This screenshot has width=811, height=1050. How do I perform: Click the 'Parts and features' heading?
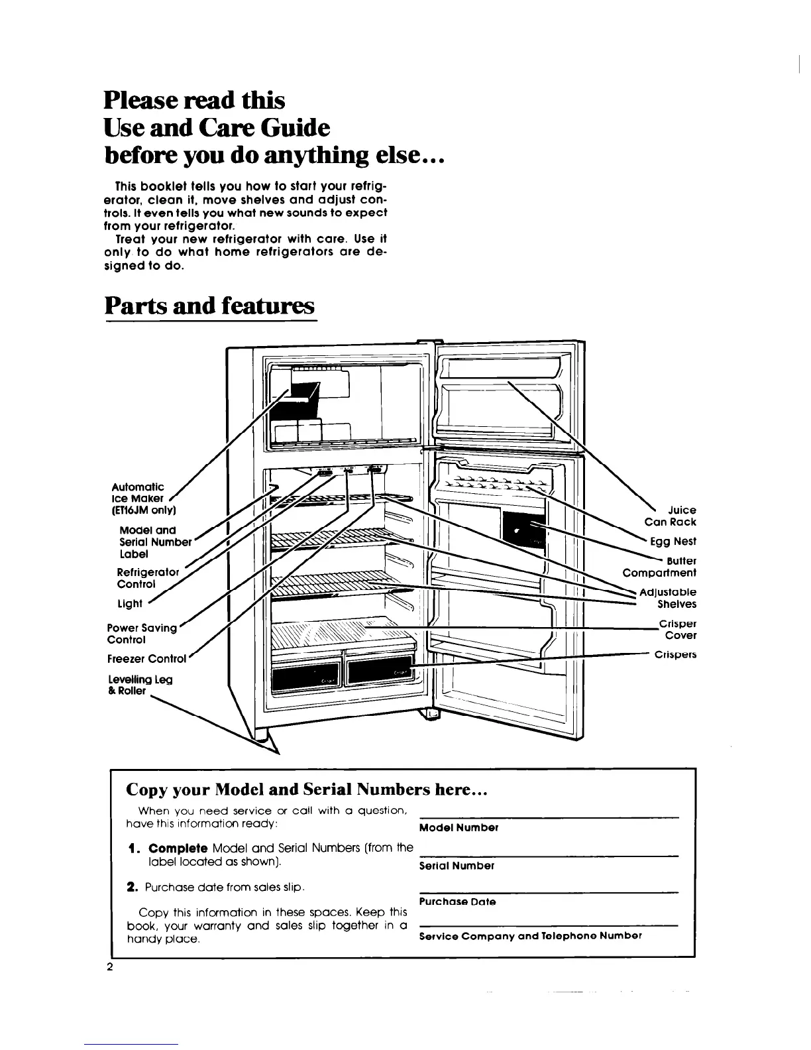coord(209,306)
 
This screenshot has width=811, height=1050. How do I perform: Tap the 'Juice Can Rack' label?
coord(671,516)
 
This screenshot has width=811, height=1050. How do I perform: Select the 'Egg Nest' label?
coord(673,542)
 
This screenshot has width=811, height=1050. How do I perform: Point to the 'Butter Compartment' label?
coord(660,567)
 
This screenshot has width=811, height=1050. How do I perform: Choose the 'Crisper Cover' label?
coord(677,630)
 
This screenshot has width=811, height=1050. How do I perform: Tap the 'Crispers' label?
coord(675,655)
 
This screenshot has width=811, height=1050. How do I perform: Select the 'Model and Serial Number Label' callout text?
coord(154,542)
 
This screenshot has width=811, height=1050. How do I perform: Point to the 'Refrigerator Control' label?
coord(147,578)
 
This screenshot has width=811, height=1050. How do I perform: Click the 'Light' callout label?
coord(129,603)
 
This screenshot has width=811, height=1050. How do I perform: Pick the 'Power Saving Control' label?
coord(142,634)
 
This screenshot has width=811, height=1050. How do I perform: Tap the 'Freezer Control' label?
coord(146,659)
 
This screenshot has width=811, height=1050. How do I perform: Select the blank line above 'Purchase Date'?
coord(549,890)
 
